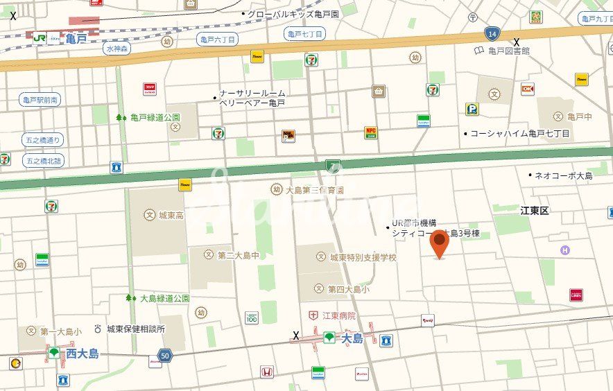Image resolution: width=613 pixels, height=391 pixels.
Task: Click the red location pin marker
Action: pyautogui.click(x=439, y=243)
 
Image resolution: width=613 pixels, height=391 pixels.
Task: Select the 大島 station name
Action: pyautogui.click(x=352, y=338)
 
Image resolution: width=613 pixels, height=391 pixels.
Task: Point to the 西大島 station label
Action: pyautogui.click(x=82, y=354)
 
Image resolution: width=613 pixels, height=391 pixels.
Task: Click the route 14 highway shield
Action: pyautogui.click(x=492, y=33)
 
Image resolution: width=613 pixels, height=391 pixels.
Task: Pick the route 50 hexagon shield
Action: pyautogui.click(x=164, y=355)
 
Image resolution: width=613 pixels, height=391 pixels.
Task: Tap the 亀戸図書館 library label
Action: pyautogui.click(x=508, y=51)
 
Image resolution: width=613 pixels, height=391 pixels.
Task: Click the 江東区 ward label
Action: pyautogui.click(x=535, y=210)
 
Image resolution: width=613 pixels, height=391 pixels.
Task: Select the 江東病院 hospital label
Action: pyautogui.click(x=338, y=315)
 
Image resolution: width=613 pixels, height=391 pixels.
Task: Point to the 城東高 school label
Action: pyautogui.click(x=171, y=216)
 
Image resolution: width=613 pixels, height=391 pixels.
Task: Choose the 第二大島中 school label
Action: pyautogui.click(x=238, y=255)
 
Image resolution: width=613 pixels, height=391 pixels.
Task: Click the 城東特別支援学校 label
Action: pyautogui.click(x=363, y=257)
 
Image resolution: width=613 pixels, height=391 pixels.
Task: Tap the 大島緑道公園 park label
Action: pyautogui.click(x=164, y=298)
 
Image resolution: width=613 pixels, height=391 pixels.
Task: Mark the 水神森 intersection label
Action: pyautogui.click(x=118, y=49)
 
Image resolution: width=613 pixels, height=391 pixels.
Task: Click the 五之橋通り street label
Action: pyautogui.click(x=43, y=139)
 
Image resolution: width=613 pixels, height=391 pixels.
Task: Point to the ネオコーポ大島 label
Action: pyautogui.click(x=563, y=175)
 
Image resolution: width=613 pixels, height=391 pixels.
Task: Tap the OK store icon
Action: pyautogui.click(x=528, y=89)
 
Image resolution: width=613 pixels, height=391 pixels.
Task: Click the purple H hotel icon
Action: pyautogui.click(x=565, y=250)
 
